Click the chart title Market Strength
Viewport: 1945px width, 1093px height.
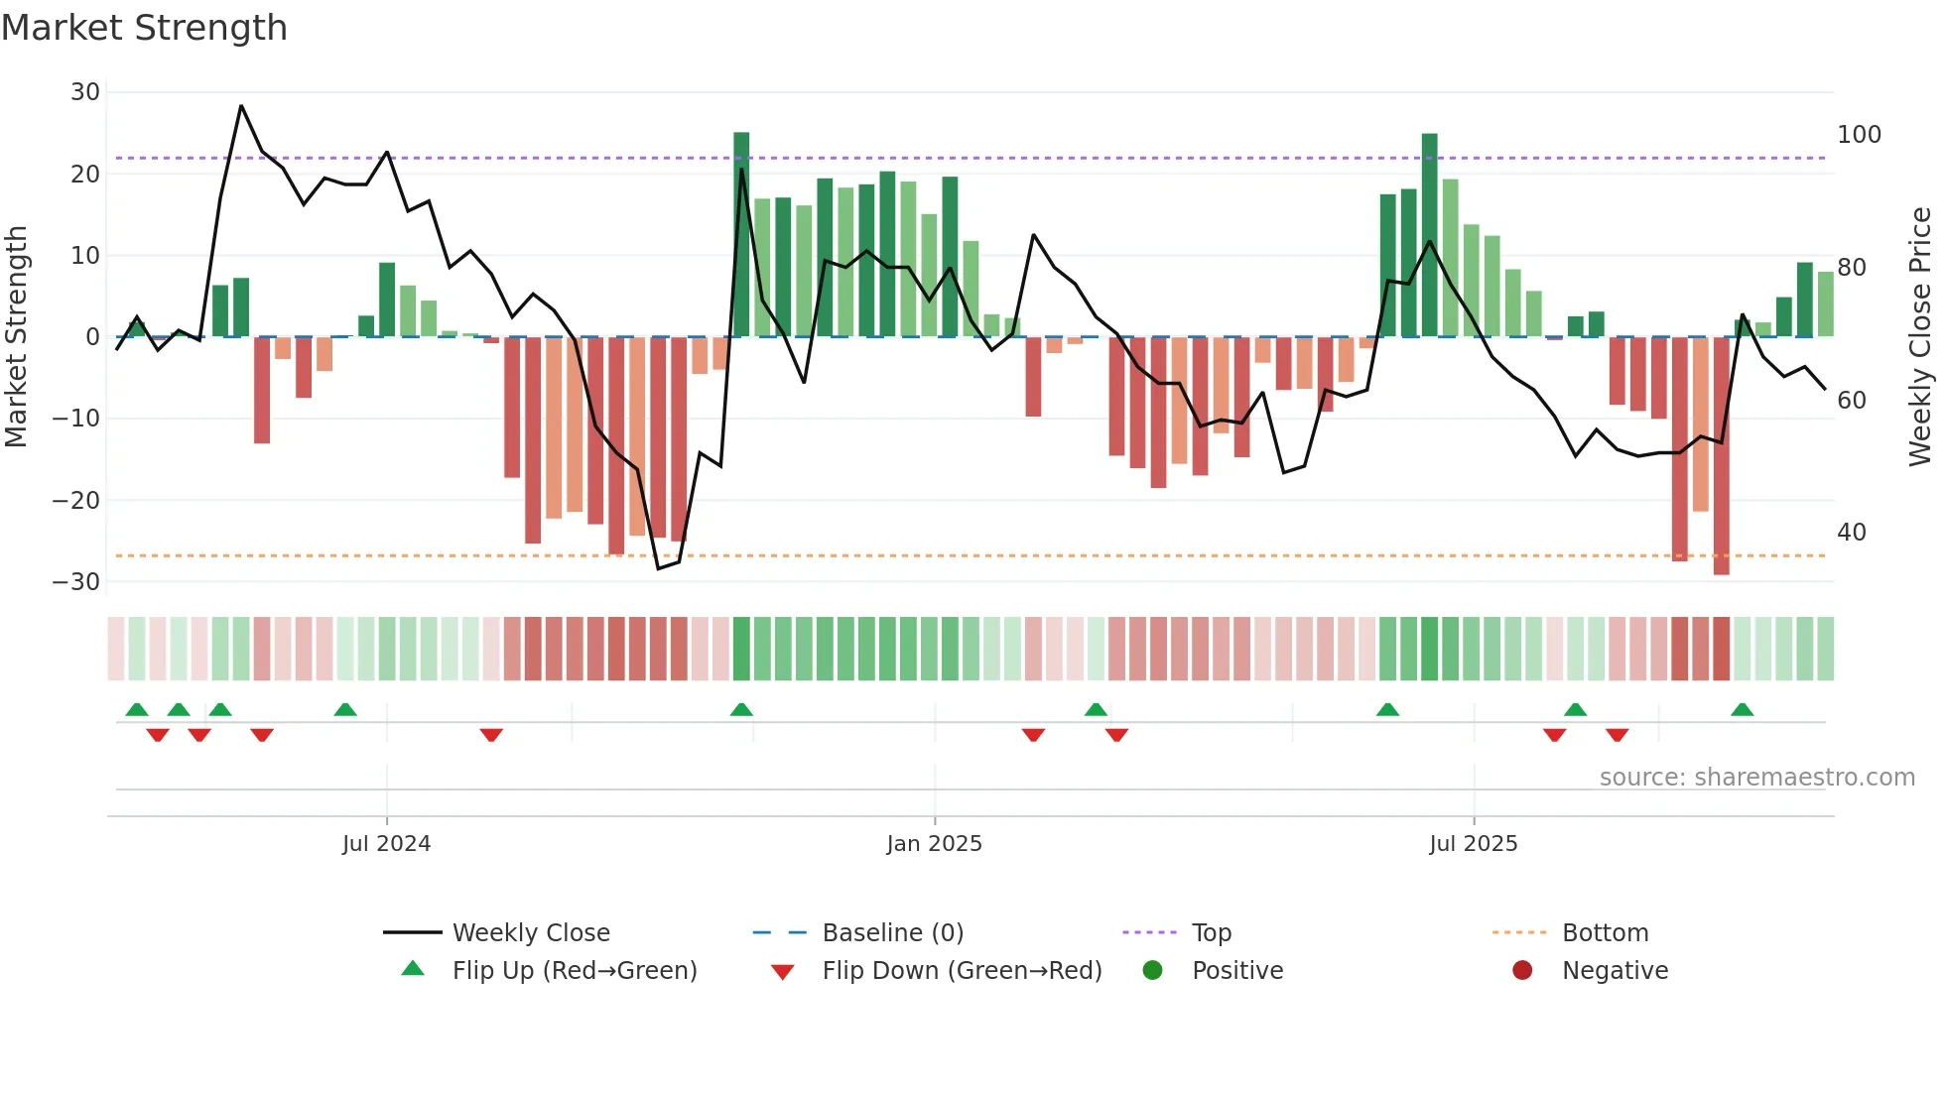pos(144,28)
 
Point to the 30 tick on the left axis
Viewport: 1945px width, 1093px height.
pos(85,92)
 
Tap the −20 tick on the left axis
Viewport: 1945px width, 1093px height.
pos(76,501)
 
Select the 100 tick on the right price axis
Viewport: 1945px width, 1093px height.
pos(1859,135)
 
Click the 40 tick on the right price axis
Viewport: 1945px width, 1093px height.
pos(1851,533)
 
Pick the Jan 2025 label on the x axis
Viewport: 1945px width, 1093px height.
pos(934,844)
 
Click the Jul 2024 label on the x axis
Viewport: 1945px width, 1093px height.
pos(386,844)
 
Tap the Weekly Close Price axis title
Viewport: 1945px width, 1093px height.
pos(1920,337)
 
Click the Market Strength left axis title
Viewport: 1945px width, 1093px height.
pos(16,337)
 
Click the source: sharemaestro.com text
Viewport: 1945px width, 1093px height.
pos(1756,778)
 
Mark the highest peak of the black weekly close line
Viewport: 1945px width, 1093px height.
pos(241,105)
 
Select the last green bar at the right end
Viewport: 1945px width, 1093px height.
pos(1825,304)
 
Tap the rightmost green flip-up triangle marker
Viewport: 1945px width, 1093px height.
pos(1742,709)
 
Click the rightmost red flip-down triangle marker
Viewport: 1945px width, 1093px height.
pos(1617,735)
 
